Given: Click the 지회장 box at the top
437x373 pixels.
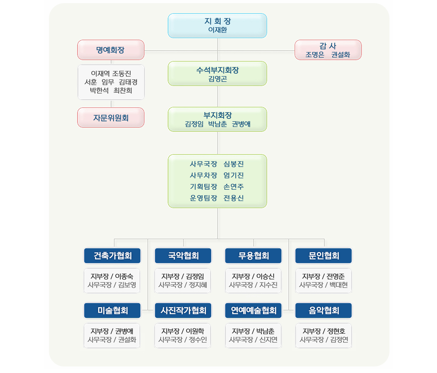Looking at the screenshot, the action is (217, 26).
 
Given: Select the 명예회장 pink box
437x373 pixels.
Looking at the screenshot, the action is (111, 50).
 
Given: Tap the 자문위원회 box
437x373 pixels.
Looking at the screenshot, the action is (111, 117).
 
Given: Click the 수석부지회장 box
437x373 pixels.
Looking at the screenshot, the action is (217, 73).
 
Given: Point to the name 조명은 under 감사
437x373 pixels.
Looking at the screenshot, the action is (315, 55).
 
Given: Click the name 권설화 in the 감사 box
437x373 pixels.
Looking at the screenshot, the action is (341, 55).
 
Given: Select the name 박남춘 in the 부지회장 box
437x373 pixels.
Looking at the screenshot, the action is (218, 124).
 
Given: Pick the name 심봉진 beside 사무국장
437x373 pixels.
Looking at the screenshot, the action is (234, 164).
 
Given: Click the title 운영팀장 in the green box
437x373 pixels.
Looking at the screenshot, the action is (203, 198).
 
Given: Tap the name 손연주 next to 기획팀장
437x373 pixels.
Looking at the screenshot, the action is (234, 186).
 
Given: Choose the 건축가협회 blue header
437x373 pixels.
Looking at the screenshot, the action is (112, 256).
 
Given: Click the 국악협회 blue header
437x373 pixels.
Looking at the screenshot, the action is (183, 256).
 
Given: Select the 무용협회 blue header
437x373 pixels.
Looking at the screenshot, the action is (253, 256).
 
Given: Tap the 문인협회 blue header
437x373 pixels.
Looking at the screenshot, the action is (323, 256).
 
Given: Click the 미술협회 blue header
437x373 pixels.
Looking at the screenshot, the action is (112, 310).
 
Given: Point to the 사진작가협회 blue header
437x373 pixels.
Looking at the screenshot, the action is (183, 310).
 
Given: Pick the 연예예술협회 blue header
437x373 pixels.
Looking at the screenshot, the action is (253, 310).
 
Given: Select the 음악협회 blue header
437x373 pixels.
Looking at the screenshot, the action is (323, 310).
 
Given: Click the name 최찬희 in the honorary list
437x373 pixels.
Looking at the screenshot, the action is (123, 91).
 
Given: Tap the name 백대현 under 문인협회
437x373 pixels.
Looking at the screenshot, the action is (339, 285).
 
